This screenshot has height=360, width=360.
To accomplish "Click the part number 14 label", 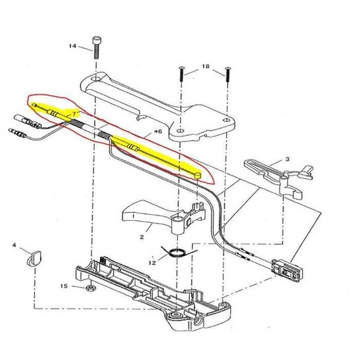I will [x=72, y=46].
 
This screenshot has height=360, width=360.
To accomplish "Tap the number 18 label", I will [x=206, y=65].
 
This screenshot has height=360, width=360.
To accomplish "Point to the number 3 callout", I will [x=288, y=160].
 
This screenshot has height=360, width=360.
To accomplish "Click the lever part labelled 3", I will [x=271, y=171].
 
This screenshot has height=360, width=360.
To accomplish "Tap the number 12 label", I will [x=151, y=262].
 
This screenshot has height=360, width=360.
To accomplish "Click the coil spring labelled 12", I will [x=176, y=252].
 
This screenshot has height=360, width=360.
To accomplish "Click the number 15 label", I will [x=64, y=286].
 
